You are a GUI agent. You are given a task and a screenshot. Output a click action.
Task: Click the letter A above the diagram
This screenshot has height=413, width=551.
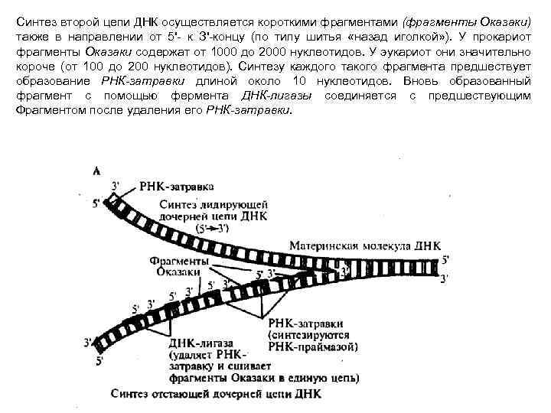click(x=96, y=171)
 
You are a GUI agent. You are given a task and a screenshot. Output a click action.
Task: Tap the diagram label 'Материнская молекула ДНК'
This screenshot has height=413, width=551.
click(x=365, y=246)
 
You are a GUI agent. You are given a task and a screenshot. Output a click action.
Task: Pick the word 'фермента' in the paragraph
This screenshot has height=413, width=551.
click(x=194, y=95)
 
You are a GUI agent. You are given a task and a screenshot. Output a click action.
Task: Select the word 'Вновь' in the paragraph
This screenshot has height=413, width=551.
click(x=407, y=80)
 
